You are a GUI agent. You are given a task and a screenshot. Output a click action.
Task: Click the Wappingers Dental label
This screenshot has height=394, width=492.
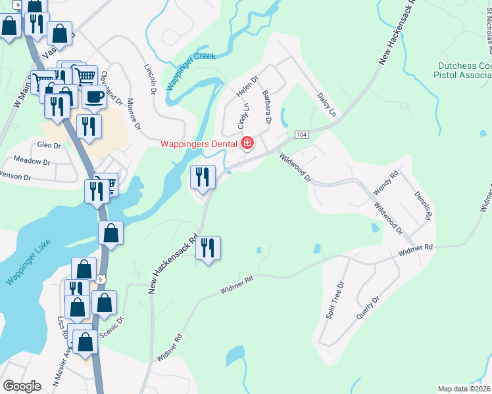(x=201, y=143)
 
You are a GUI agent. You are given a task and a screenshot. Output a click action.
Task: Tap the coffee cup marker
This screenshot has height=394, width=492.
(x=95, y=96)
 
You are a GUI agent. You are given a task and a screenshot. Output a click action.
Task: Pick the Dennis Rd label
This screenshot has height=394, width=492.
(x=424, y=205)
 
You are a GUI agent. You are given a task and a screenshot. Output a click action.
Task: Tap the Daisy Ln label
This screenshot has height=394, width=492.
(x=327, y=104)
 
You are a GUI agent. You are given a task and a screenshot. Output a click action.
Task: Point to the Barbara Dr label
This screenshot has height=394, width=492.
(x=265, y=107)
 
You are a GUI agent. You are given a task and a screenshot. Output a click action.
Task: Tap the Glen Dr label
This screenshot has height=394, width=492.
(x=49, y=144)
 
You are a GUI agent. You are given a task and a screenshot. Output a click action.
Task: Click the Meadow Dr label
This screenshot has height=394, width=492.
(x=32, y=161)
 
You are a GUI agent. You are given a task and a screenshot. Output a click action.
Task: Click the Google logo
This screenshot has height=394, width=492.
(x=22, y=386)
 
